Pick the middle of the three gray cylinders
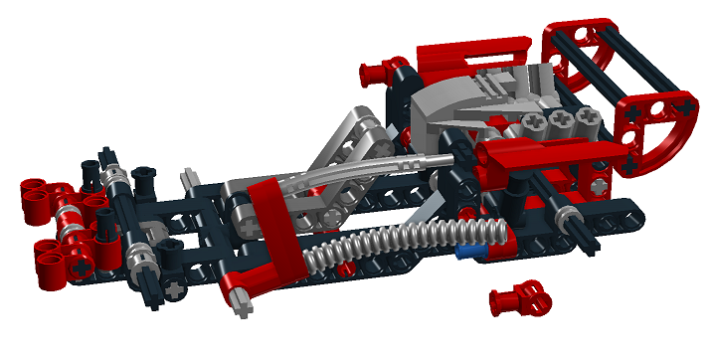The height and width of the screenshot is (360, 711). [561, 119]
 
